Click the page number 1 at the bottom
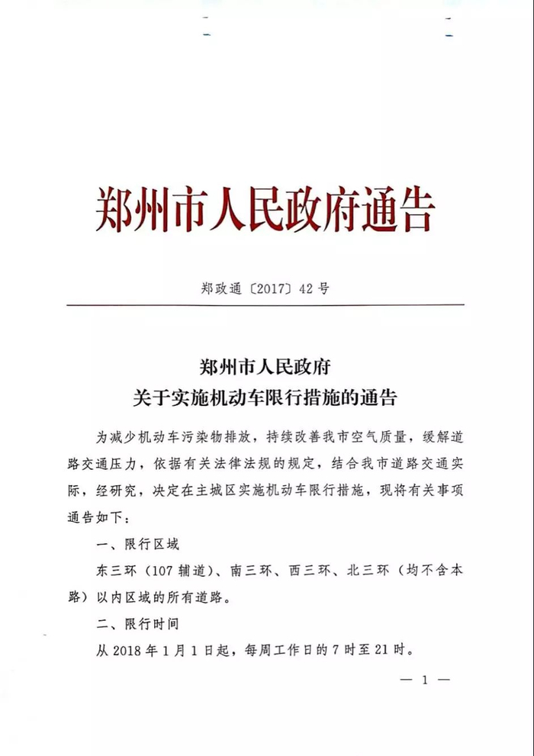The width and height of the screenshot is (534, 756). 425,680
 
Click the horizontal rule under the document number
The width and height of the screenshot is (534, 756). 265,306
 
